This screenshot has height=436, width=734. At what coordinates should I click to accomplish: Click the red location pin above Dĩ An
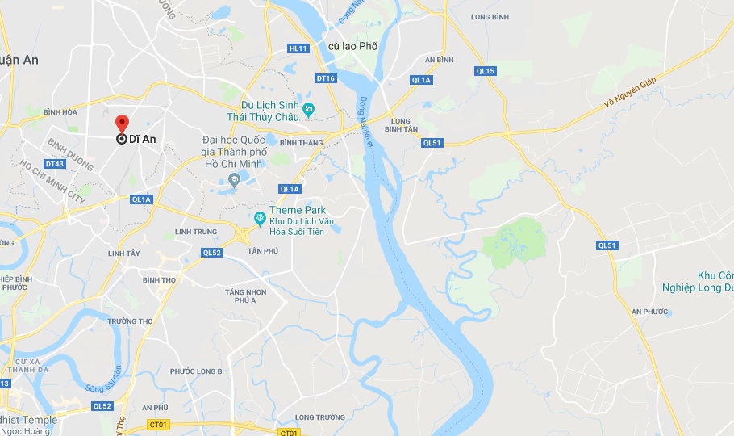pyautogui.click(x=122, y=124)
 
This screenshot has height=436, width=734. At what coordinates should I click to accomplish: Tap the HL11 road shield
pyautogui.click(x=298, y=48)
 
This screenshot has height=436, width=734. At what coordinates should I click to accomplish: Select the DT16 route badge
pyautogui.click(x=325, y=78)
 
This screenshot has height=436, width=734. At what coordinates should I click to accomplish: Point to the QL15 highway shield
pyautogui.click(x=485, y=71)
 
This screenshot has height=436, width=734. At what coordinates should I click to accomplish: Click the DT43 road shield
pyautogui.click(x=55, y=164)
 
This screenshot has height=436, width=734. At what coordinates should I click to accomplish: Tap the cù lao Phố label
pyautogui.click(x=352, y=47)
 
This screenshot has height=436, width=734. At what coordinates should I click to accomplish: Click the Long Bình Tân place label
pyautogui.click(x=402, y=125)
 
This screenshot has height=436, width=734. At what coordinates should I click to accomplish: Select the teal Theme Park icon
pyautogui.click(x=260, y=218)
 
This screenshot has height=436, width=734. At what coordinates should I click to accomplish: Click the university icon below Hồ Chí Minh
pyautogui.click(x=234, y=179)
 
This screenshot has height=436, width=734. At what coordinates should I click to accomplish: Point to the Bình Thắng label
pyautogui.click(x=301, y=143)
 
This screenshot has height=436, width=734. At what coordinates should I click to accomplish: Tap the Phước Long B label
pyautogui.click(x=196, y=371)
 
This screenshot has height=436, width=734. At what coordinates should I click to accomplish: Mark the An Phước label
pyautogui.click(x=650, y=311)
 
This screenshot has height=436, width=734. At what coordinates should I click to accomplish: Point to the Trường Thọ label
pyautogui.click(x=130, y=321)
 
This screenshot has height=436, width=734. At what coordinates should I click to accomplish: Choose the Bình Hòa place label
pyautogui.click(x=60, y=111)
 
